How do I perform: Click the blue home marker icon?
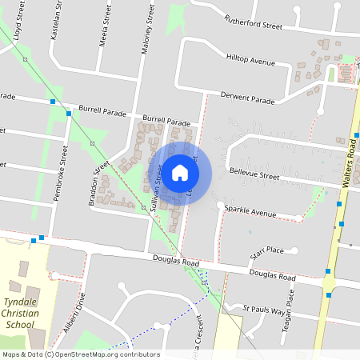point(180,172)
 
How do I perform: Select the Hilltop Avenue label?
point(250,60)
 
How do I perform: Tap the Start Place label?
point(267,251)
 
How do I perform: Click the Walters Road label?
point(349,162)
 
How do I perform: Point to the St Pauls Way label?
point(263,309)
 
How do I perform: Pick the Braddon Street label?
point(101,182)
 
